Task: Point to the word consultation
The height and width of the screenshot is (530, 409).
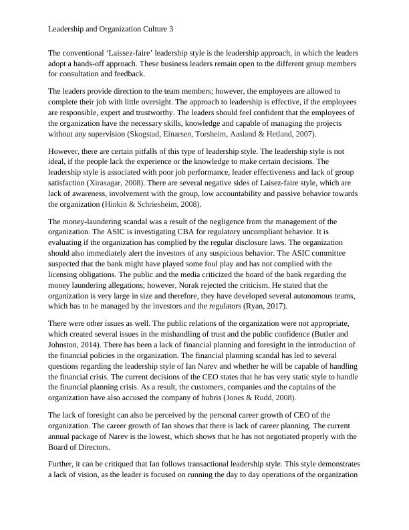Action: pyautogui.click(x=83, y=74)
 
